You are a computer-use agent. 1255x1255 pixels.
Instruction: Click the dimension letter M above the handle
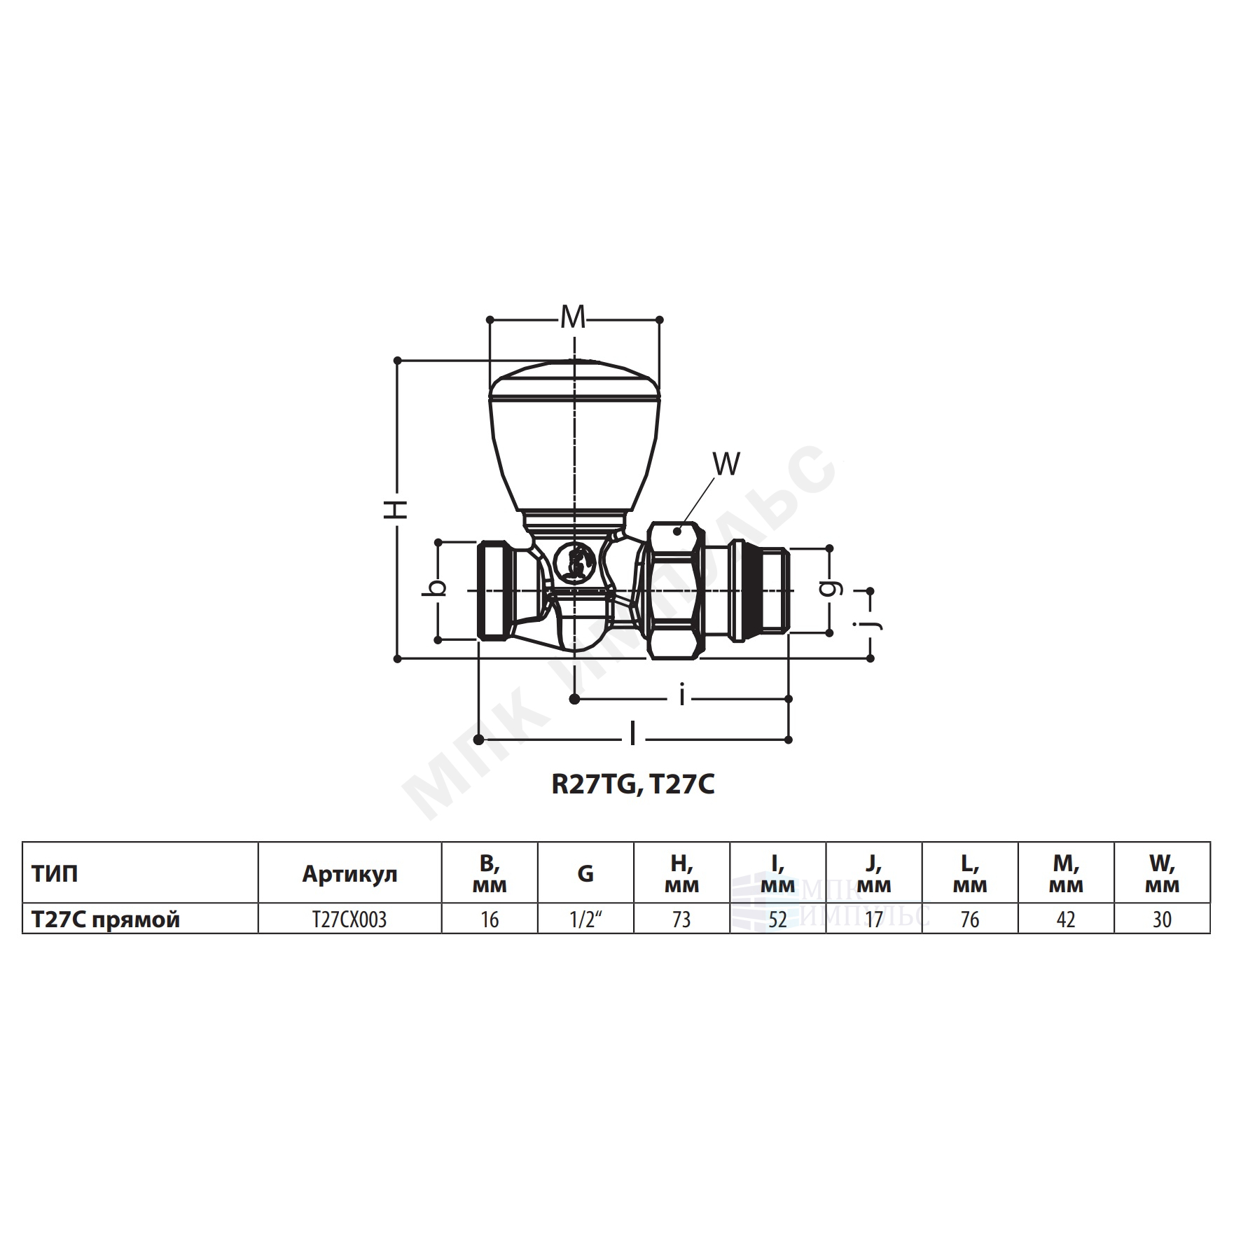573,319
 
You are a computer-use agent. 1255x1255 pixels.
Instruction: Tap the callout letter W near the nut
726,464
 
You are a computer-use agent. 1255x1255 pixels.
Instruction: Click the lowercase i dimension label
681,697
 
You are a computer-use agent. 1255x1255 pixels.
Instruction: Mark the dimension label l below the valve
632,735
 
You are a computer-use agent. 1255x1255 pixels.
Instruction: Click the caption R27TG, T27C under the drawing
633,785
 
